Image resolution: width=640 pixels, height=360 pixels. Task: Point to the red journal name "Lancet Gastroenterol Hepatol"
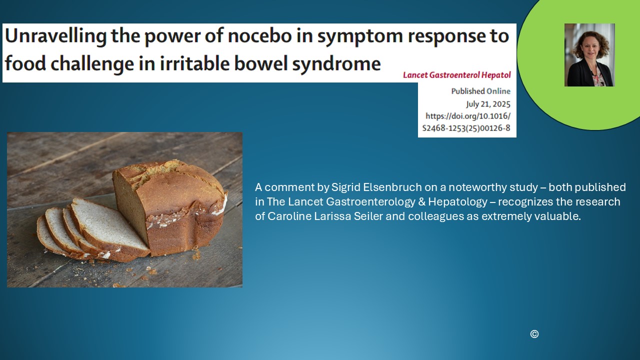click(456, 75)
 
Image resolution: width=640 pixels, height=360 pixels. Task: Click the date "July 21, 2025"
click(488, 104)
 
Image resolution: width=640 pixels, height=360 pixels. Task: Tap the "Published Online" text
click(481, 91)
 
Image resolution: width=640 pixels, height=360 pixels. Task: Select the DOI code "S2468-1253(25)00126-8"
click(466, 128)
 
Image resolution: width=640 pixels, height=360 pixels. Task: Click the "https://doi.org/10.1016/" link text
click(468, 116)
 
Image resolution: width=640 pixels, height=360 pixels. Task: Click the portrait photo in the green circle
click(589, 55)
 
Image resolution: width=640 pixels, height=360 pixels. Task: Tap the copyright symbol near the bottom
click(534, 334)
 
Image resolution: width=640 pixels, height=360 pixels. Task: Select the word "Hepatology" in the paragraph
click(457, 202)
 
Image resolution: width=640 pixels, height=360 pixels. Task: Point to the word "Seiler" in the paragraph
click(368, 216)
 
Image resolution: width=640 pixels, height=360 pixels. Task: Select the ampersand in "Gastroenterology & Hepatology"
click(421, 202)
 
